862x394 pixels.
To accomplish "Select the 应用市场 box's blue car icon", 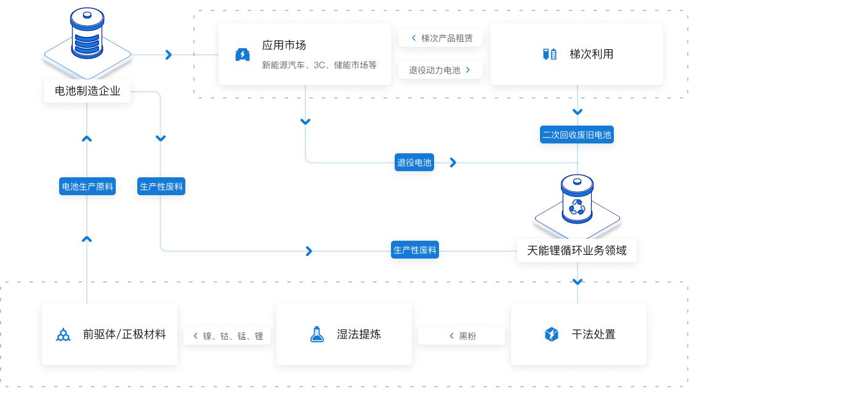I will pos(243,55).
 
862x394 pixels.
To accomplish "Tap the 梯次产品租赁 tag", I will pos(441,38).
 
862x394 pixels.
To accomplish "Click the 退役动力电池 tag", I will pos(441,70).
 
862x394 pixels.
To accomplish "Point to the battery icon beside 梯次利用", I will pos(549,54).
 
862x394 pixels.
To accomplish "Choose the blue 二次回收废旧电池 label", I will pos(577,134).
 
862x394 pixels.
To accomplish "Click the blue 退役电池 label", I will pos(414,163).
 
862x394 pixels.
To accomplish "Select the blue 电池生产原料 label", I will pos(87,186).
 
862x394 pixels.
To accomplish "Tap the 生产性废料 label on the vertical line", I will pos(161,186).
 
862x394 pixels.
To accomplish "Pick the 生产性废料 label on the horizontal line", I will pos(415,250).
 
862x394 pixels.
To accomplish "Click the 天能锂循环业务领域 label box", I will pos(577,251).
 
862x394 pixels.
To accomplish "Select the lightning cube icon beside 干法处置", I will pos(551,334).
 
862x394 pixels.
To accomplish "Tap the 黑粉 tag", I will pos(461,336).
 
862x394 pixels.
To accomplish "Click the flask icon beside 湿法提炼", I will pos(316,334).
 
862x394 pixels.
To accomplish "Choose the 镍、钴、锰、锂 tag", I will pos(227,336).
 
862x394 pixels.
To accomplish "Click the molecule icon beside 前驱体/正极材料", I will pos(63,335).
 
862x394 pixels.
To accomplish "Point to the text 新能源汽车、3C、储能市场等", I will pos(319,65).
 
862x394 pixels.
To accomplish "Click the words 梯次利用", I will pos(591,54).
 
